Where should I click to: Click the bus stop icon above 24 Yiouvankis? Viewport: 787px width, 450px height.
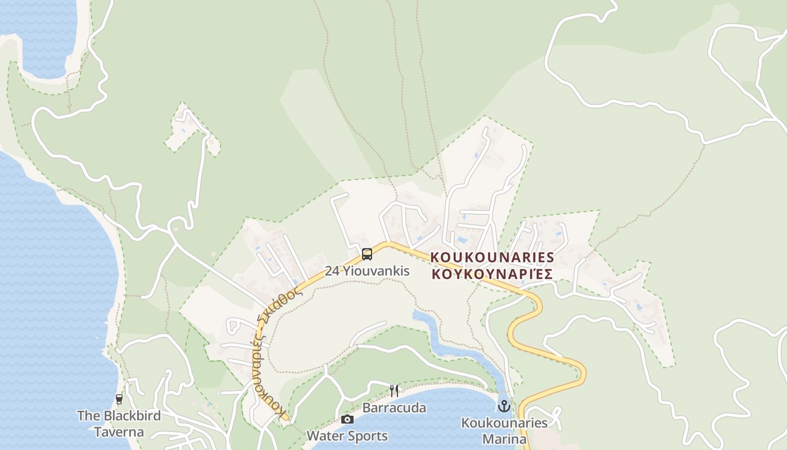click(367, 254)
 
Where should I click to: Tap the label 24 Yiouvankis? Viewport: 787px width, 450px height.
click(367, 271)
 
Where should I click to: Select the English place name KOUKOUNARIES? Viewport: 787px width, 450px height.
click(492, 257)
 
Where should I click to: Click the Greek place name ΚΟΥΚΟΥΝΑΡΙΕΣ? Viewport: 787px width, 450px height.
click(492, 274)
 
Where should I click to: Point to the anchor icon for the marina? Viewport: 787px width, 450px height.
click(504, 406)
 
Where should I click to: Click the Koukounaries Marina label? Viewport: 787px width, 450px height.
click(504, 430)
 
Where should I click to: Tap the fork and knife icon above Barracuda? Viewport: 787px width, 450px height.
click(394, 390)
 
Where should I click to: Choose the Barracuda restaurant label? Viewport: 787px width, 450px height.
click(394, 408)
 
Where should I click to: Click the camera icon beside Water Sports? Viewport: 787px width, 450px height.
click(347, 419)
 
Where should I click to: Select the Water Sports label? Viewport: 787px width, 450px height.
click(347, 436)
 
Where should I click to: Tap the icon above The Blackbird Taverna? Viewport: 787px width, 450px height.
click(119, 399)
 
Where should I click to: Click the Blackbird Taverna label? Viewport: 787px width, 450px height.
click(119, 424)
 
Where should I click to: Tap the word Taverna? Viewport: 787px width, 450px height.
click(119, 432)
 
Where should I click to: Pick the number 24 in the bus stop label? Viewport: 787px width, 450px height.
click(332, 271)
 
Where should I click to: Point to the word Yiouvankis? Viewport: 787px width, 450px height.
click(376, 271)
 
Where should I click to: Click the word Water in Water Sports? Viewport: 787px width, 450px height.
click(322, 436)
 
